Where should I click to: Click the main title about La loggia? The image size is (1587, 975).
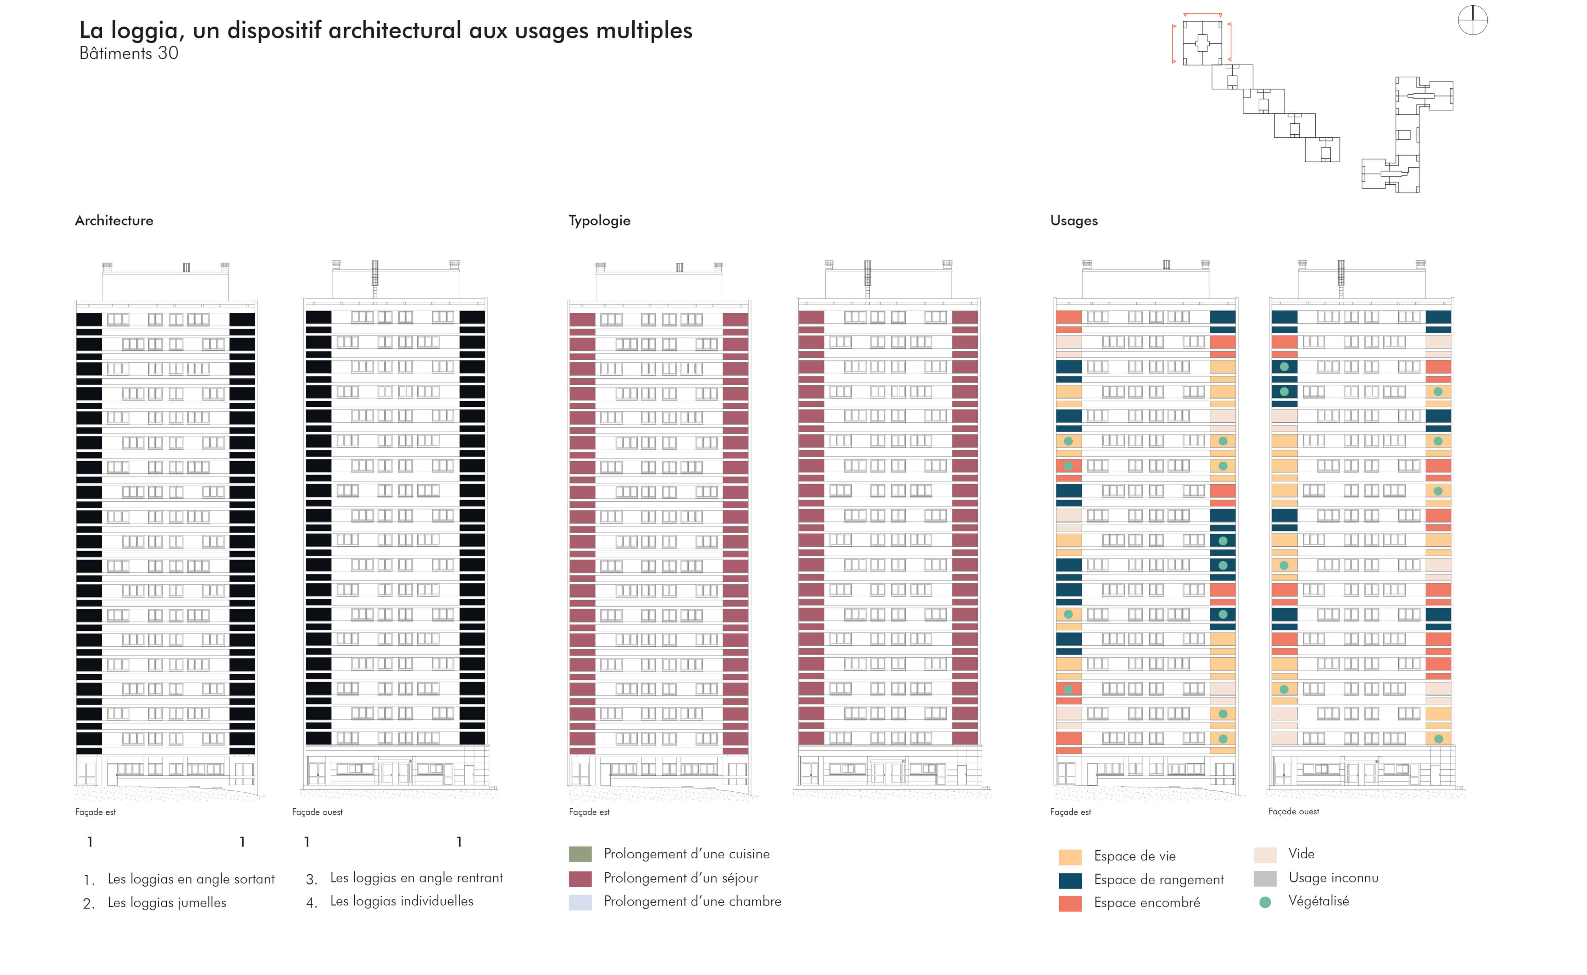385,30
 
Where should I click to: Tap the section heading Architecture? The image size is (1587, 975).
114,221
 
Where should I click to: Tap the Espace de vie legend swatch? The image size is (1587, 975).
1070,857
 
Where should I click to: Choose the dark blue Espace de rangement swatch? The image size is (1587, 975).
1070,881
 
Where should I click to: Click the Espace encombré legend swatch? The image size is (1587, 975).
1070,903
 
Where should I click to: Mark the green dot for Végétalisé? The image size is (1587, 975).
1265,902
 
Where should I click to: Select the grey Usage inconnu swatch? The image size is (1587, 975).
1265,878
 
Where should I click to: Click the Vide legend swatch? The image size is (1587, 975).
1265,855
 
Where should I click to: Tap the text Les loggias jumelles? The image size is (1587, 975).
167,903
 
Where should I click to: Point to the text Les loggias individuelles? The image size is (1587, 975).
402,901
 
